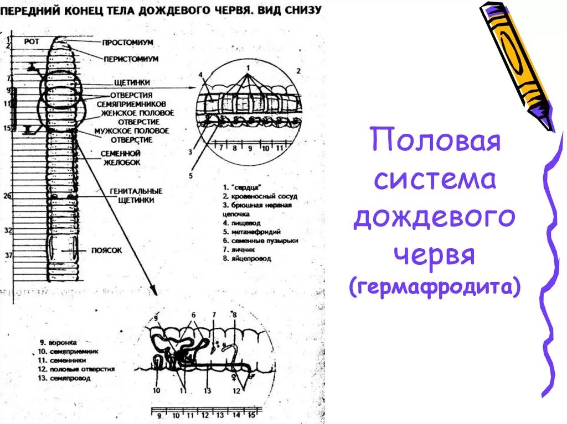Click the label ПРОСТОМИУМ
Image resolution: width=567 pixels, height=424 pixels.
(127, 43)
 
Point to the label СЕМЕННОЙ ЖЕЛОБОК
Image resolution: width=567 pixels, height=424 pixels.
(121, 158)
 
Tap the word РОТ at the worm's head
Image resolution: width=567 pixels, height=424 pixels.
(32, 41)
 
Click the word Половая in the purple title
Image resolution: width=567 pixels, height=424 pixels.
(435, 141)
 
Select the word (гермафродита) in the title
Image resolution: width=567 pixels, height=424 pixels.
(435, 288)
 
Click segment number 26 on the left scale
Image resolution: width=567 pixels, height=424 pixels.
(7, 196)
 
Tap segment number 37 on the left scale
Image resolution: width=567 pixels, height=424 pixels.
(7, 255)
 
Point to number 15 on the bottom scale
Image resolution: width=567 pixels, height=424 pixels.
(251, 415)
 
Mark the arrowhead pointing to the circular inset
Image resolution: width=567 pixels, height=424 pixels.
(194, 87)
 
